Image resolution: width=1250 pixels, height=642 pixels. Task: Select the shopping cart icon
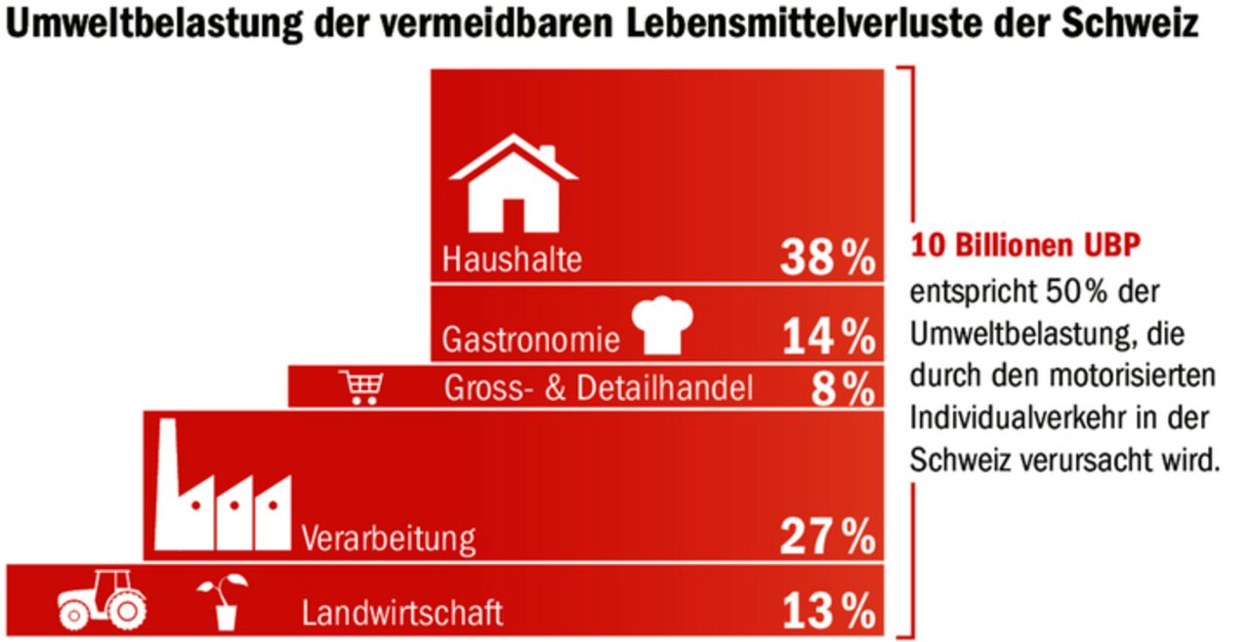[361, 387]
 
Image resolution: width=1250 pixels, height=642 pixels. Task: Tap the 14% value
[827, 338]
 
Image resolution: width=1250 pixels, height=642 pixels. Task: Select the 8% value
[842, 389]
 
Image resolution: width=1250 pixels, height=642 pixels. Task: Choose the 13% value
[827, 613]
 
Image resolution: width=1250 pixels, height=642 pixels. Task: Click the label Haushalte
[512, 261]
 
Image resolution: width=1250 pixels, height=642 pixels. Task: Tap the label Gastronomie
[530, 340]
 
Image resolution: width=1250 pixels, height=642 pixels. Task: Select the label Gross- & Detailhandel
[599, 389]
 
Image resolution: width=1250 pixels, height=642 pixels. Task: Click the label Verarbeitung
[389, 538]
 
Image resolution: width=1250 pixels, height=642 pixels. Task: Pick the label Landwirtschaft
[402, 614]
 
